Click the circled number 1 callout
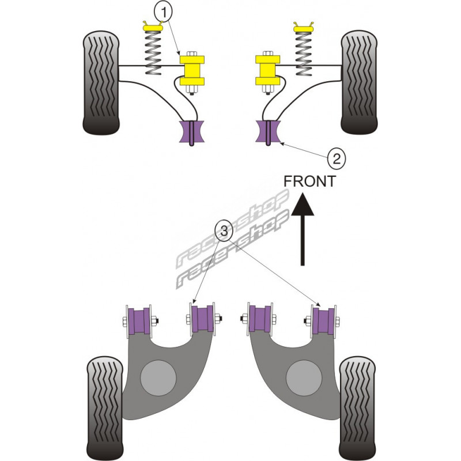pyautogui.click(x=163, y=10)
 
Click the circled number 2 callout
pyautogui.click(x=337, y=157)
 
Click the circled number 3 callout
pyautogui.click(x=225, y=231)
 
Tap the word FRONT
pyautogui.click(x=309, y=181)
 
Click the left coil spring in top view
pyautogui.click(x=152, y=52)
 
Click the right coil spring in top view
pyautogui.click(x=303, y=52)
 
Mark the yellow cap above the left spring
pyautogui.click(x=152, y=26)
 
